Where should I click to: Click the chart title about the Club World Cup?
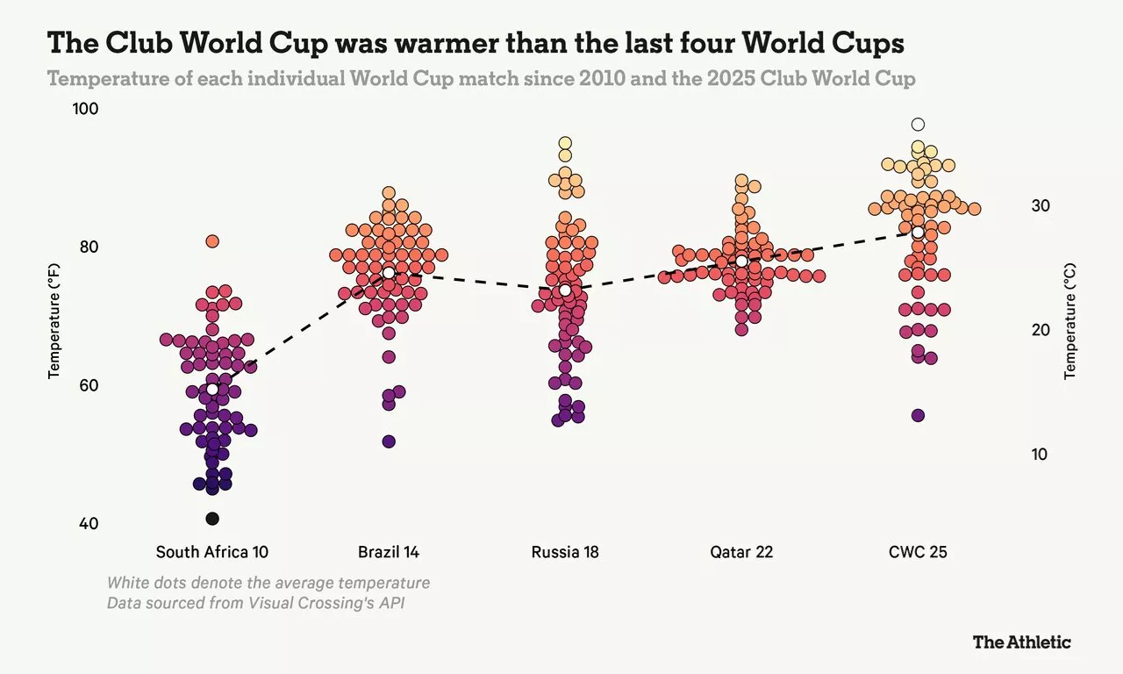tap(476, 42)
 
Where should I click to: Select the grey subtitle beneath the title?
tap(482, 79)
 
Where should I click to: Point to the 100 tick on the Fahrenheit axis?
tap(86, 109)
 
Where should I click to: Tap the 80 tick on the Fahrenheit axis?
tap(89, 247)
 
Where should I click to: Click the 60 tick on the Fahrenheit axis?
tap(89, 385)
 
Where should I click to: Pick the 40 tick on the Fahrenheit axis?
tap(89, 524)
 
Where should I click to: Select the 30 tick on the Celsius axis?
tap(1041, 205)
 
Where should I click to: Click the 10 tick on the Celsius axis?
tap(1040, 455)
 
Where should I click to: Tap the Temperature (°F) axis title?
tap(54, 321)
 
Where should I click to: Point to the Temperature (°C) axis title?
tap(1069, 321)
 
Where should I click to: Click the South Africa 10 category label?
tap(212, 552)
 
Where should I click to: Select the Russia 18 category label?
tap(565, 552)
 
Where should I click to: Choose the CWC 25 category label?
tap(918, 552)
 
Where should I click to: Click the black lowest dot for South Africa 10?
tap(212, 519)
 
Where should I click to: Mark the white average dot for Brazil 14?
tap(389, 273)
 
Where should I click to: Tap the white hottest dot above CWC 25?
tap(918, 125)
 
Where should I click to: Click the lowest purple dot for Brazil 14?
tap(389, 441)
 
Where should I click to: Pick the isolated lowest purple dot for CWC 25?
tap(918, 416)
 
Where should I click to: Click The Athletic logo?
tap(1022, 642)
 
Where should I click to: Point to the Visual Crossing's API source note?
tap(255, 603)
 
